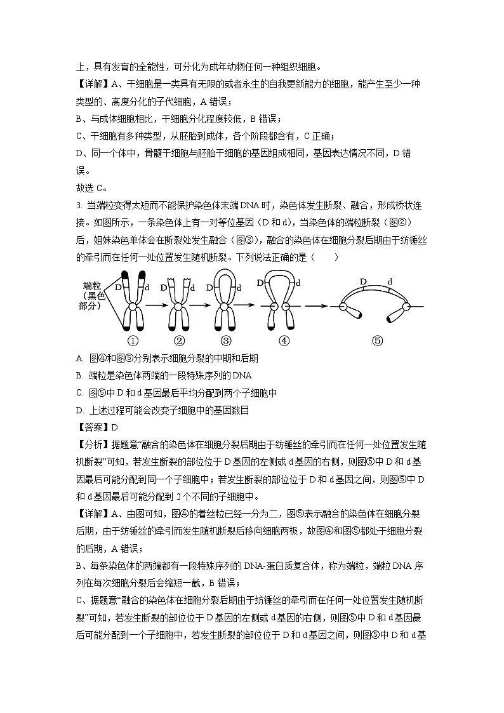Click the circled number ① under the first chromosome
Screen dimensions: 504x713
(x=133, y=340)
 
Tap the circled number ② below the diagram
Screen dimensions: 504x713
(x=178, y=340)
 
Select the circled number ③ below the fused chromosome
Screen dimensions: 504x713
(x=224, y=340)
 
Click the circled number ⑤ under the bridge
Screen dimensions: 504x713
(x=377, y=340)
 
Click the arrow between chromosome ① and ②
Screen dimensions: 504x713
(x=156, y=306)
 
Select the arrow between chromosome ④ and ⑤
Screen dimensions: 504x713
(x=315, y=306)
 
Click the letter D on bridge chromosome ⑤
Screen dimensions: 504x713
(x=364, y=281)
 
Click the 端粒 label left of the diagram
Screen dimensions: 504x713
(x=93, y=286)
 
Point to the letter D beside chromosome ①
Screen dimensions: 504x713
(x=118, y=288)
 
